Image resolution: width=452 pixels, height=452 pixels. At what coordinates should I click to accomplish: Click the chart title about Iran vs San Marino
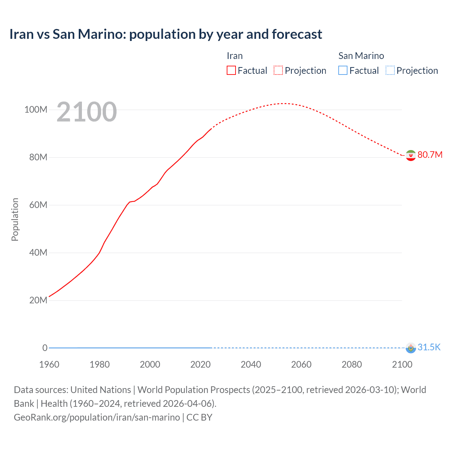tap(166, 34)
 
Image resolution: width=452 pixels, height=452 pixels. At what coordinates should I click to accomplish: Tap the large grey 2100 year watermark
tap(87, 112)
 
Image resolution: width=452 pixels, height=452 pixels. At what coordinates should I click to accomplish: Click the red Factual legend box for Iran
tap(231, 70)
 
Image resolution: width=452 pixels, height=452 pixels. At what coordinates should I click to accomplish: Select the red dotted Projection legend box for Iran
tap(278, 70)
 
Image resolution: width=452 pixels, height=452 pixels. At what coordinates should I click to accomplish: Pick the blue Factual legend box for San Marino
tap(343, 70)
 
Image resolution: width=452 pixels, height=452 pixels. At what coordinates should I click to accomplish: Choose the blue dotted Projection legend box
tap(390, 70)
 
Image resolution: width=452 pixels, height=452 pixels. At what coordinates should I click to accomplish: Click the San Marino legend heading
tap(361, 56)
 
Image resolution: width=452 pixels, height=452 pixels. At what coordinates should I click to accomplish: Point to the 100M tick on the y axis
tap(36, 109)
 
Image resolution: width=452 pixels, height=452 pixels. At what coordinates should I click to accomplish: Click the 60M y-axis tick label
tap(38, 205)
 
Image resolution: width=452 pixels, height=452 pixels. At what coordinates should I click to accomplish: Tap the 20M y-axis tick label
tap(38, 300)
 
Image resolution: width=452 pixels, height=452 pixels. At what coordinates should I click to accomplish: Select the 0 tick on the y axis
tap(45, 348)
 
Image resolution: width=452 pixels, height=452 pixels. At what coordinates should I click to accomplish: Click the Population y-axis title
tap(15, 219)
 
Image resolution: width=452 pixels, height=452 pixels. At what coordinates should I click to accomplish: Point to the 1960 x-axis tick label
tap(49, 364)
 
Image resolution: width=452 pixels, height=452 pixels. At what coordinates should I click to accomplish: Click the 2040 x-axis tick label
tap(251, 364)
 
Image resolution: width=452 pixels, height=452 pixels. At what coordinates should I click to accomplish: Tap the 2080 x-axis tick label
tap(352, 364)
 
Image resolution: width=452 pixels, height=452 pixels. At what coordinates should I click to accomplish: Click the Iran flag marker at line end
tap(410, 155)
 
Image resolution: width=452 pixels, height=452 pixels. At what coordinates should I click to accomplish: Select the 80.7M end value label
tap(430, 155)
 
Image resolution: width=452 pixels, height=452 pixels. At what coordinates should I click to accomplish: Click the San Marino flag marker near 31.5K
tap(410, 348)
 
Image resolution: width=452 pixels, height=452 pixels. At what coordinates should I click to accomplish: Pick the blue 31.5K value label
tap(429, 347)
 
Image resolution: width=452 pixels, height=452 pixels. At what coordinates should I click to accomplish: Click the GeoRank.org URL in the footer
tap(97, 417)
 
